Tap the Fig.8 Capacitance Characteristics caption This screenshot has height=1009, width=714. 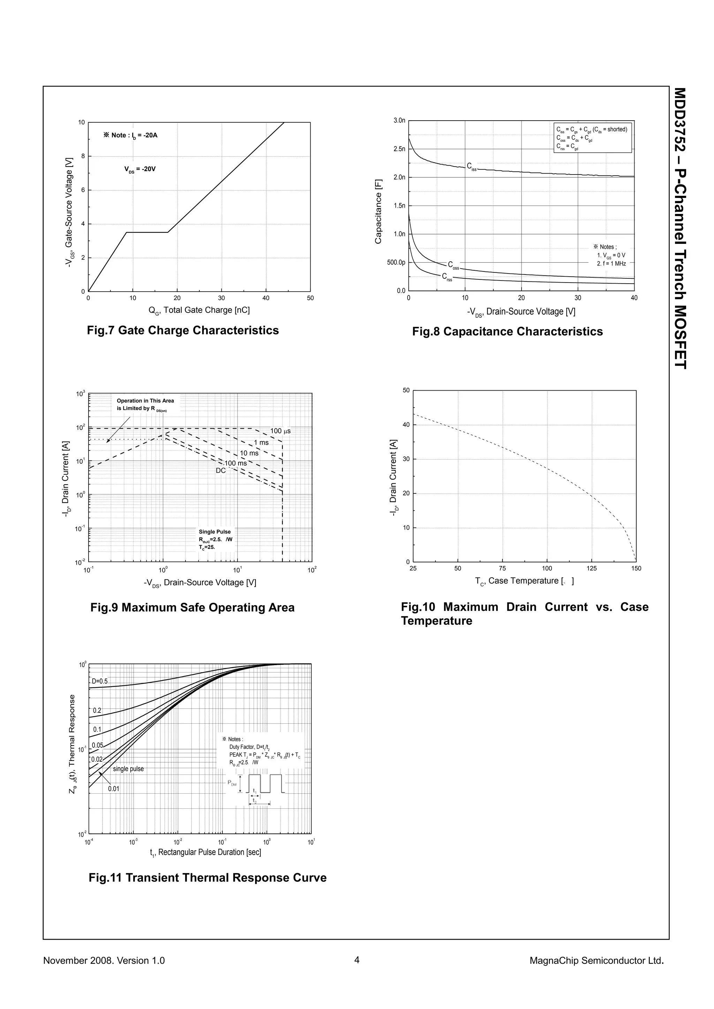click(507, 331)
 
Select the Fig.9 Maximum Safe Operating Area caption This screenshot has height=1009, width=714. click(192, 607)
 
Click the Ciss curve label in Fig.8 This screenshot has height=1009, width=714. click(471, 167)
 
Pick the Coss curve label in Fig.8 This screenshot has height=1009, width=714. click(453, 265)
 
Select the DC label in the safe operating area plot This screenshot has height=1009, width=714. click(221, 471)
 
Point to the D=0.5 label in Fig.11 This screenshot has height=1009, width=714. click(99, 681)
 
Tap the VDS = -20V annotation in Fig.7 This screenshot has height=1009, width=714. click(140, 169)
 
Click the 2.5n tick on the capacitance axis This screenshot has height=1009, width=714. click(399, 149)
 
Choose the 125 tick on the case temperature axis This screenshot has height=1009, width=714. click(592, 568)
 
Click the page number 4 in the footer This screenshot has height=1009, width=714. click(357, 960)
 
